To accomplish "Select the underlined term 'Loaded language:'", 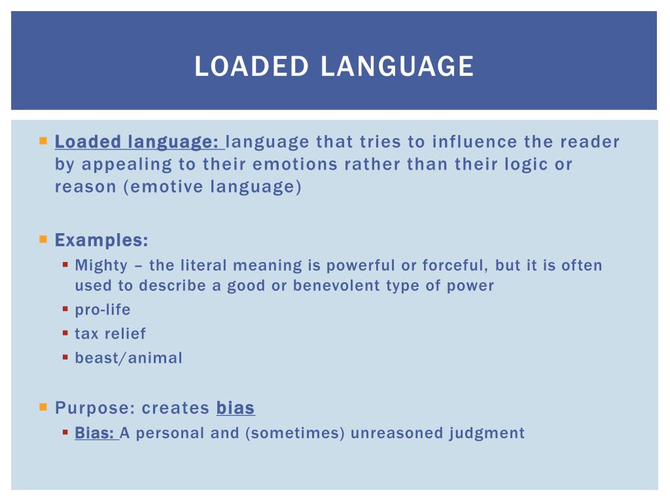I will tap(138, 142).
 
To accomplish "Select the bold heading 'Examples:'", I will tap(101, 240).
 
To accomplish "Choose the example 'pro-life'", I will tap(103, 310).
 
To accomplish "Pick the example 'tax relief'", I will tap(111, 334).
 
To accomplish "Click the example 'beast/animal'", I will tap(129, 358).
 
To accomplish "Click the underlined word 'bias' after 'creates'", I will tap(236, 409).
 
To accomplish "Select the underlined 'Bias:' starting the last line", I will tap(95, 434).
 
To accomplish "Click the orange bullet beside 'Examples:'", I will tap(43, 240).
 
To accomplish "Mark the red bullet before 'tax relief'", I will tap(65, 333).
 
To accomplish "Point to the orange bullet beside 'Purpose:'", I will tap(43, 407).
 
